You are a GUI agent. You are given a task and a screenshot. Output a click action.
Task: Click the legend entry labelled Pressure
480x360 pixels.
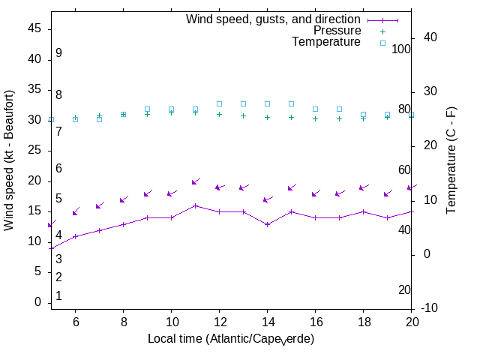coord(337,31)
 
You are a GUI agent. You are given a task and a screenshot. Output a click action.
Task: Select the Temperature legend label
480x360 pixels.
coord(326,42)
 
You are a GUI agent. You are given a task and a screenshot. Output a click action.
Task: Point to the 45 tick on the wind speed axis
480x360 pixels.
coord(34,28)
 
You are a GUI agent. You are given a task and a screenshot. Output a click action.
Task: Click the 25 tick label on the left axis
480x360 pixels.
coord(34,150)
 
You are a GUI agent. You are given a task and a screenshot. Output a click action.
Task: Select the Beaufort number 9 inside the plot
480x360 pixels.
coord(58,53)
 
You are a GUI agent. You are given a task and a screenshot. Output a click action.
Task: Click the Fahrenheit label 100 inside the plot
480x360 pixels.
coord(402,49)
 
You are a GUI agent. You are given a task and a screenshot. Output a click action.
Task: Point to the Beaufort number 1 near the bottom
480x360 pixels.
coord(58,296)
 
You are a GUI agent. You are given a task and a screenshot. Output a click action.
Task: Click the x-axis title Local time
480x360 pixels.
coord(230,339)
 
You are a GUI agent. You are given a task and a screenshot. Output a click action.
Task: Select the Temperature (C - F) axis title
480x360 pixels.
coord(452,159)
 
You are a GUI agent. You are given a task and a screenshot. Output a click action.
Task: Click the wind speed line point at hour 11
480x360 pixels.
coord(195,205)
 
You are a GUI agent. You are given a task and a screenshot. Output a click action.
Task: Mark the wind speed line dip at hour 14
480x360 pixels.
coord(267,223)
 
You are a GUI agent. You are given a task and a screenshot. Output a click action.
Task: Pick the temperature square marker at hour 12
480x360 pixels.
coord(219,103)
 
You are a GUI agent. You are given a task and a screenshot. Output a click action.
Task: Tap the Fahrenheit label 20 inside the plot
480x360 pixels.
coord(404,289)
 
